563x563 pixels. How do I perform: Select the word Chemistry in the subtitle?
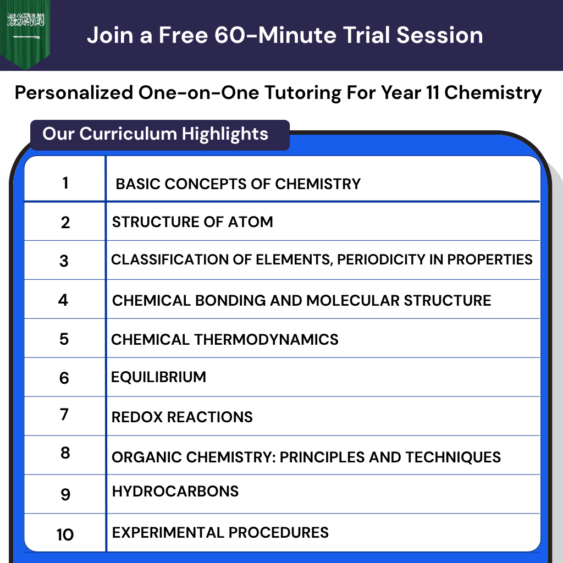493,92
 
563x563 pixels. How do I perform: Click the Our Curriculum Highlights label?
156,134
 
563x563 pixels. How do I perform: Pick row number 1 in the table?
65,182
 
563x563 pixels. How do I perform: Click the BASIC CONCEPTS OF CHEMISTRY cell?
238,184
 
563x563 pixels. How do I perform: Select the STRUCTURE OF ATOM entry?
192,222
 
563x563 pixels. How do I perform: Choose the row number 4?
63,300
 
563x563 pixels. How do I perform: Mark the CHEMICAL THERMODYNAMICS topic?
225,339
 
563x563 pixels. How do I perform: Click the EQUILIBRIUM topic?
159,377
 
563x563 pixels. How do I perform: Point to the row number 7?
64,414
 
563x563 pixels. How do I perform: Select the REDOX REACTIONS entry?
182,417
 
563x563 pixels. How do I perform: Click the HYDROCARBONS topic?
175,491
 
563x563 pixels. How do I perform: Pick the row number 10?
65,534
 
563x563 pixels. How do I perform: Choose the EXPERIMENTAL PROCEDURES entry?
220,532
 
